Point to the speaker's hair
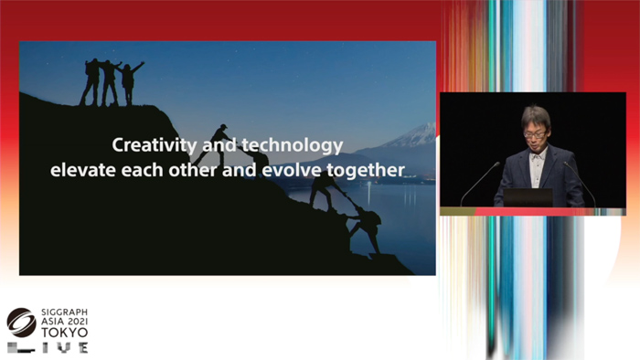(536, 116)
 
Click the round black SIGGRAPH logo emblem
(20, 323)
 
